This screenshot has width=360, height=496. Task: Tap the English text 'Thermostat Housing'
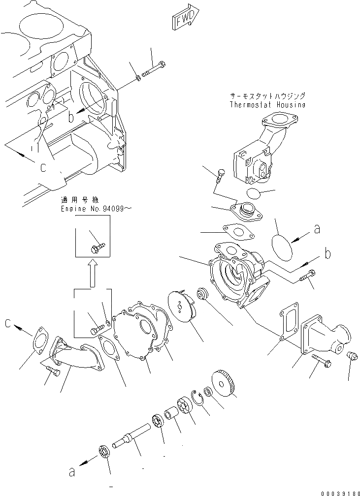tap(267, 105)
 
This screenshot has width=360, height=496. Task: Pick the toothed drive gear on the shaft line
tap(225, 385)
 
